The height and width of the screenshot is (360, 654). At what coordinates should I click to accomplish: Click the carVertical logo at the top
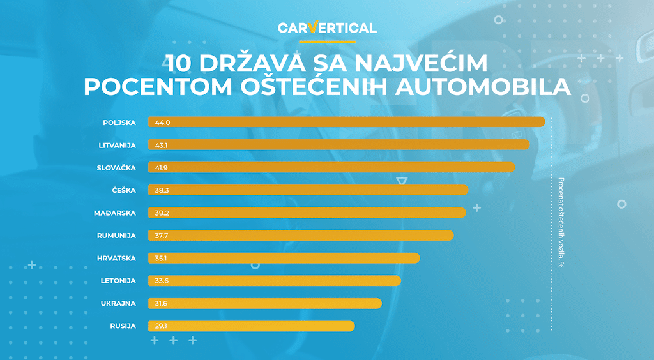coord(327,28)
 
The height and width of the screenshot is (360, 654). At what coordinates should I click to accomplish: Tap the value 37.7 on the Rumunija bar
coord(162,236)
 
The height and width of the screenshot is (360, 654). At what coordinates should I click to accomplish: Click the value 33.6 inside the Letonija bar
coord(162,281)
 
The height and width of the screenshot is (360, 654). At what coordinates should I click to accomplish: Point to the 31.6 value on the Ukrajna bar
coord(162,304)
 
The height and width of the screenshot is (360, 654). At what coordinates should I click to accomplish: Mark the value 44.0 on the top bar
coord(162,122)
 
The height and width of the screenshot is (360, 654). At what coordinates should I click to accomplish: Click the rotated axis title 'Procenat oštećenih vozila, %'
coord(561,222)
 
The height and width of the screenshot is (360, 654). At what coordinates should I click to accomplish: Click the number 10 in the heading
coord(179,64)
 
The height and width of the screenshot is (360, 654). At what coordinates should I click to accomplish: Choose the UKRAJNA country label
coord(118,303)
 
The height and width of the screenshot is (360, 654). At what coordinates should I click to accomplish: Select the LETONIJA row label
coord(118,281)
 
